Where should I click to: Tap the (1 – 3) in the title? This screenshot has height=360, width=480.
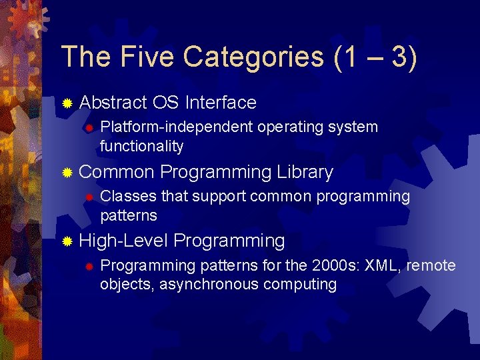pyautogui.click(x=377, y=57)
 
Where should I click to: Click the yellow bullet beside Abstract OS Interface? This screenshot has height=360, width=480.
pyautogui.click(x=67, y=103)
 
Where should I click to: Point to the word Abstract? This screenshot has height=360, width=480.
pyautogui.click(x=113, y=103)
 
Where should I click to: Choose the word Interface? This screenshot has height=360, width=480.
pyautogui.click(x=221, y=103)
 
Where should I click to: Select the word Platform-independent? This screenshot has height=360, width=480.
pyautogui.click(x=177, y=127)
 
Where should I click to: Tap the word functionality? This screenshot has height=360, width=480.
pyautogui.click(x=141, y=146)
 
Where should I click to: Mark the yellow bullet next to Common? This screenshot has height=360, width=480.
pyautogui.click(x=67, y=173)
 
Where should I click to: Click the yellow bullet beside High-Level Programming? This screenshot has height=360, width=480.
pyautogui.click(x=67, y=241)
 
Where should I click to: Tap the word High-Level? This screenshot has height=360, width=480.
pyautogui.click(x=123, y=241)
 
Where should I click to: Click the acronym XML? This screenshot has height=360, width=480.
pyautogui.click(x=382, y=265)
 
